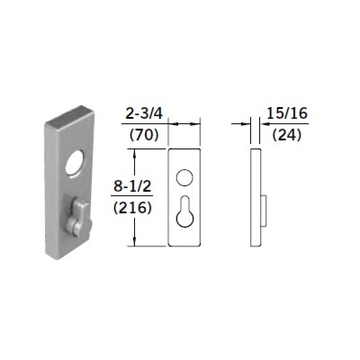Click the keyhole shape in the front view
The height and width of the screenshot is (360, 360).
[x=184, y=211]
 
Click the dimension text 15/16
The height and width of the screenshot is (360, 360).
[x=283, y=113]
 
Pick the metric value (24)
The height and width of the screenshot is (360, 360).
[x=283, y=138]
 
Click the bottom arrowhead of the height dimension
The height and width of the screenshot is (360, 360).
[x=136, y=241]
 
